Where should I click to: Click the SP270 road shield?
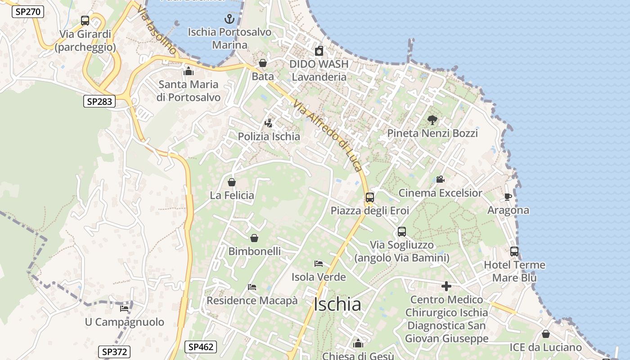pyautogui.click(x=27, y=12)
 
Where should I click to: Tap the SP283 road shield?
pyautogui.click(x=99, y=102)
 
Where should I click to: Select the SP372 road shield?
pyautogui.click(x=114, y=352)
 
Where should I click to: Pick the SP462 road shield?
pyautogui.click(x=201, y=347)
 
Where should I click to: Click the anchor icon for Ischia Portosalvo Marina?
pyautogui.click(x=229, y=19)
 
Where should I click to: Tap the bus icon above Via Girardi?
pyautogui.click(x=85, y=21)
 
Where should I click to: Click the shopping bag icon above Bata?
pyautogui.click(x=263, y=63)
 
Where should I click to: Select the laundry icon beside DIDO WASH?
pyautogui.click(x=319, y=51)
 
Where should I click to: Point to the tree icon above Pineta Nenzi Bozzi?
pyautogui.click(x=432, y=120)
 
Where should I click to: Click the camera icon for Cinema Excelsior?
pyautogui.click(x=440, y=180)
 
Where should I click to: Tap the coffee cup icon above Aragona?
pyautogui.click(x=508, y=197)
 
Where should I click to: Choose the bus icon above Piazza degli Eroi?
pyautogui.click(x=370, y=197)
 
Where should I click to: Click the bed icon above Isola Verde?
pyautogui.click(x=319, y=263)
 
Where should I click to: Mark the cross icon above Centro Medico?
pyautogui.click(x=446, y=286)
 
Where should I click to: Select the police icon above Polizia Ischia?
pyautogui.click(x=269, y=123)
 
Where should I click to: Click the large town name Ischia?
pyautogui.click(x=337, y=305)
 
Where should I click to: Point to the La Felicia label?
pyautogui.click(x=232, y=195)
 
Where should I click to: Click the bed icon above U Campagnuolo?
pyautogui.click(x=124, y=308)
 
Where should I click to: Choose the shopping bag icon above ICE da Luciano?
pyautogui.click(x=545, y=334)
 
